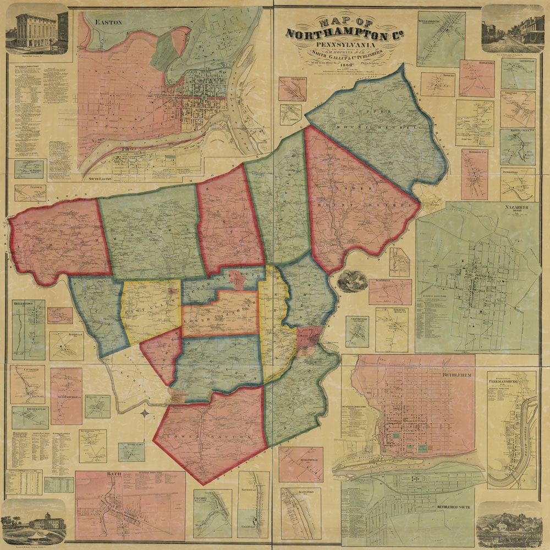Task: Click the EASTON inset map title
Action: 108,22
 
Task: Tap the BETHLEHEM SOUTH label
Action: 454,505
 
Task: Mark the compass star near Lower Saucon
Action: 144,413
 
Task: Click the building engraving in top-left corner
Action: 36,30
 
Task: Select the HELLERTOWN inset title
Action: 25,303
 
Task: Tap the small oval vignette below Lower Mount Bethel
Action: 352,280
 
